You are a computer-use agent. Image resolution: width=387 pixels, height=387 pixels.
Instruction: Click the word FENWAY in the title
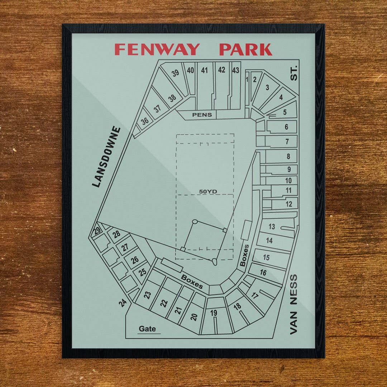[x=157, y=49]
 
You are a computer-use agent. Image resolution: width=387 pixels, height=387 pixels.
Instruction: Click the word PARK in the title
[x=245, y=49]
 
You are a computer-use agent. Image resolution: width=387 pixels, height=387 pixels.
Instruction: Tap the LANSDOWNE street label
[x=106, y=157]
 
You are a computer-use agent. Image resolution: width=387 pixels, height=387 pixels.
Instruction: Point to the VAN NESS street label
[x=293, y=304]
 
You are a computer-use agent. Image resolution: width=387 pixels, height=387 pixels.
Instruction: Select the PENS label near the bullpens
[x=202, y=115]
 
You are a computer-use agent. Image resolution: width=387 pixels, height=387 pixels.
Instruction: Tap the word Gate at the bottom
[x=147, y=329]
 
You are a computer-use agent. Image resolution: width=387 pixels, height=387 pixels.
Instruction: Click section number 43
[x=235, y=70]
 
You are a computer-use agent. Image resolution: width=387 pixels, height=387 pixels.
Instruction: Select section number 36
[x=145, y=121]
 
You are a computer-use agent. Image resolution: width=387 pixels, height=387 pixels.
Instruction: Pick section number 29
[x=97, y=231]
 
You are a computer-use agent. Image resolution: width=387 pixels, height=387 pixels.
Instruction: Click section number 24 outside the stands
[x=123, y=303]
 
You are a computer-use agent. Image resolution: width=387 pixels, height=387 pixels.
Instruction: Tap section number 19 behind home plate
[x=214, y=313]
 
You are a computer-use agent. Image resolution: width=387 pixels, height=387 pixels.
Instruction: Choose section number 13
[x=272, y=226]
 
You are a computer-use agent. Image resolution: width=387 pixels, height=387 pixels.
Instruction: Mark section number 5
[x=285, y=112]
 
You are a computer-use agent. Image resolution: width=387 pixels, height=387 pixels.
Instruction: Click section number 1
[x=247, y=79]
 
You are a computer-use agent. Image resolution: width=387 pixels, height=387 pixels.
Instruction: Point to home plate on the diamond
[x=214, y=262]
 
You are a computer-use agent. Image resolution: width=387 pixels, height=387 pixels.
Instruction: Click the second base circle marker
[x=195, y=222]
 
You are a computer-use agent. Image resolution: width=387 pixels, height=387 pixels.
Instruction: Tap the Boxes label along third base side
[x=192, y=282]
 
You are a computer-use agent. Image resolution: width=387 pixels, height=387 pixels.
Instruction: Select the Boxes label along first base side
[x=245, y=255]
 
